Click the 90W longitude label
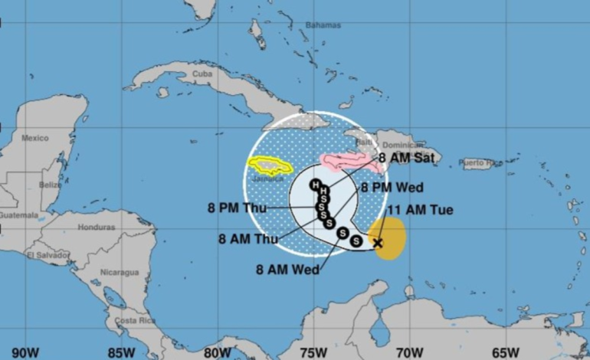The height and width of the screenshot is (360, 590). point(25,352)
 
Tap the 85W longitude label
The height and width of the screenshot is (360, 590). point(121,352)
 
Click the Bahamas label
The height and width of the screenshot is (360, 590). point(322,25)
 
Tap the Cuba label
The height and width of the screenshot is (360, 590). point(202,74)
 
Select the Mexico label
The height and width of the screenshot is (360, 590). point(35,139)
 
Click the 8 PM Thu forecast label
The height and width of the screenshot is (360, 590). point(236,206)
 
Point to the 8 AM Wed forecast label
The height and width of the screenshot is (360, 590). point(287,269)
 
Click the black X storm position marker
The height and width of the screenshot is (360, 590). point(377,243)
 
